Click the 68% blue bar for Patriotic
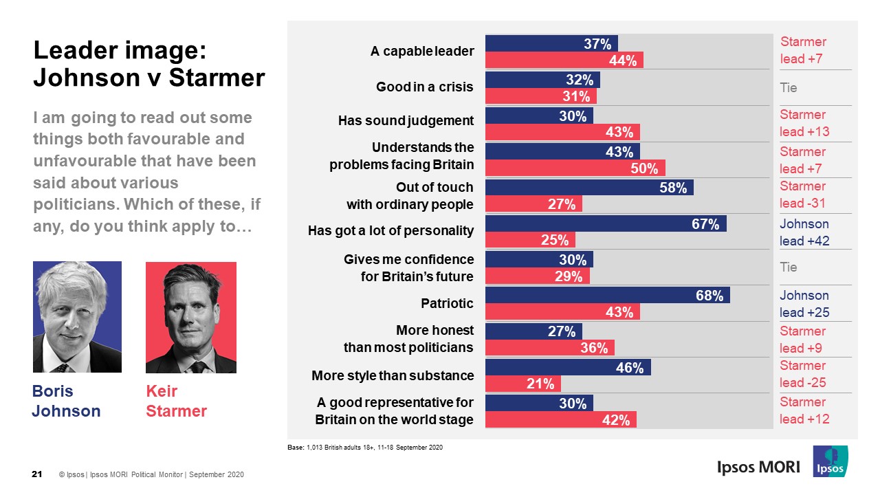(x=608, y=296)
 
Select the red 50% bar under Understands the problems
(x=575, y=168)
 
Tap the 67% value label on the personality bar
(x=705, y=223)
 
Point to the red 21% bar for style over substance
(x=523, y=384)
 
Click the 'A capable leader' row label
(x=422, y=52)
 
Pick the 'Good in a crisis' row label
(x=425, y=87)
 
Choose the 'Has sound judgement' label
(x=406, y=121)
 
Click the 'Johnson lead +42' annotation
(x=804, y=232)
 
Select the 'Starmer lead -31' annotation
(x=802, y=195)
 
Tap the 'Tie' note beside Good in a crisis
(x=788, y=88)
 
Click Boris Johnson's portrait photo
(x=77, y=317)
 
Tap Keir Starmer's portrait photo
(x=190, y=317)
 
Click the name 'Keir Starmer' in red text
(x=176, y=401)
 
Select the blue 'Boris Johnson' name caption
(x=66, y=401)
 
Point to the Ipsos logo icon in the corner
(x=830, y=461)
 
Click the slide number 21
(x=38, y=474)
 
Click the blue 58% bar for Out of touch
(x=589, y=188)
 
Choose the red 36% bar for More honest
(x=549, y=348)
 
